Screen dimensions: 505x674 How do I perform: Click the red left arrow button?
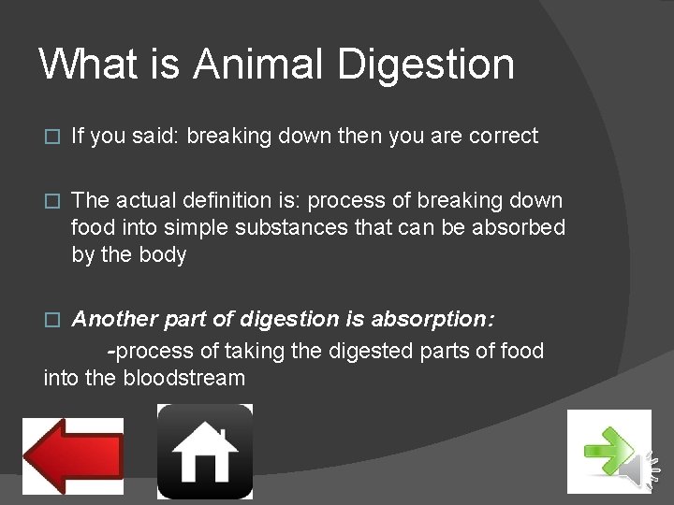(73, 455)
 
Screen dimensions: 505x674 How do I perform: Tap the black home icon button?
(204, 452)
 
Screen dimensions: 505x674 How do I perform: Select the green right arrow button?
(609, 452)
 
